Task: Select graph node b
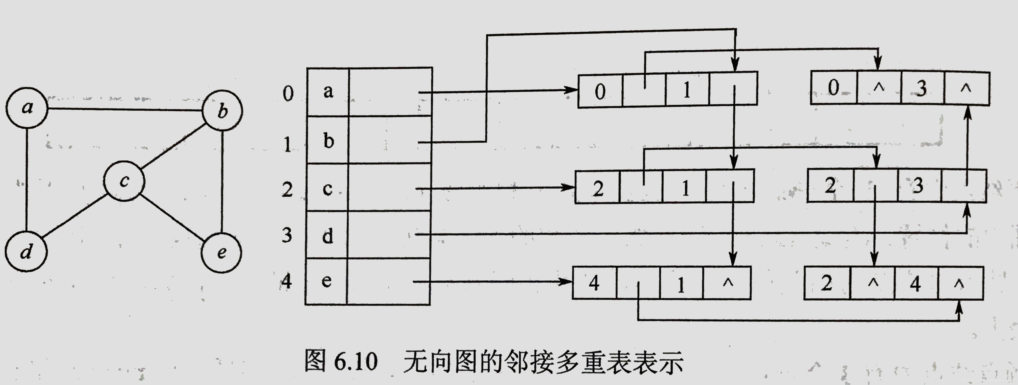click(x=222, y=111)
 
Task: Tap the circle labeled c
click(x=124, y=181)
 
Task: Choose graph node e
click(x=221, y=252)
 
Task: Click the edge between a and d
click(x=27, y=180)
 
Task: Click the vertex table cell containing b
click(x=328, y=140)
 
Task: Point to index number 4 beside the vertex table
click(x=287, y=281)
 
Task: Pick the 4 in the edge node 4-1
click(x=594, y=283)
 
